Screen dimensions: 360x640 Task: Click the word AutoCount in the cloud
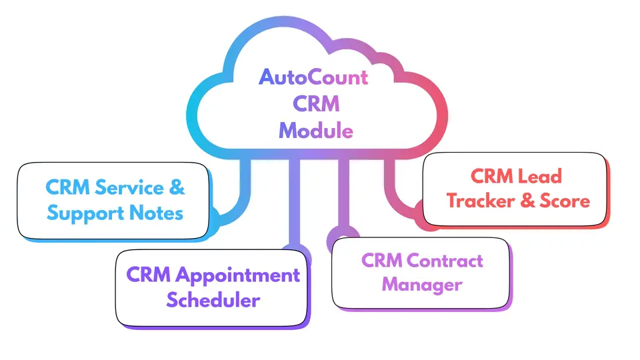click(x=313, y=77)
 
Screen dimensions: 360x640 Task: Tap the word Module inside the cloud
click(x=315, y=130)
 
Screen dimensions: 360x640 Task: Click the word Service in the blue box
click(x=131, y=188)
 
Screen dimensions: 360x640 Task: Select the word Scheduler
click(x=213, y=301)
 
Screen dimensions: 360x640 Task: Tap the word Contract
click(x=444, y=260)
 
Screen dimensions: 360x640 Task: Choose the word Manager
click(x=421, y=285)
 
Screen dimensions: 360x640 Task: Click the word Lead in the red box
click(x=541, y=176)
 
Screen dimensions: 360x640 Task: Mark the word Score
click(x=565, y=201)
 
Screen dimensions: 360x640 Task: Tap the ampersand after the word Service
click(x=177, y=188)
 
